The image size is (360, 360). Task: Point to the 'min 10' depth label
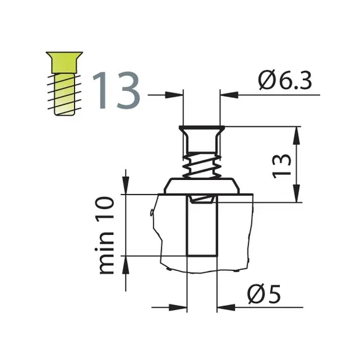tap(107, 235)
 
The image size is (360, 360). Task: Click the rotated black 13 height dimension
tap(285, 165)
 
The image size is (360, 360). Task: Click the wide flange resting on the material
tap(202, 186)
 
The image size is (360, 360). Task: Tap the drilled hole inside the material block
tap(202, 227)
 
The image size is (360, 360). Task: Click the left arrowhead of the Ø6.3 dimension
tap(176, 95)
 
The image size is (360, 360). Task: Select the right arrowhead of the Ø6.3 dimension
tap(226, 95)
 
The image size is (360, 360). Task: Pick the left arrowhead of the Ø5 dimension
tap(181, 309)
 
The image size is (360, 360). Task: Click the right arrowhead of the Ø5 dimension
tap(223, 309)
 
